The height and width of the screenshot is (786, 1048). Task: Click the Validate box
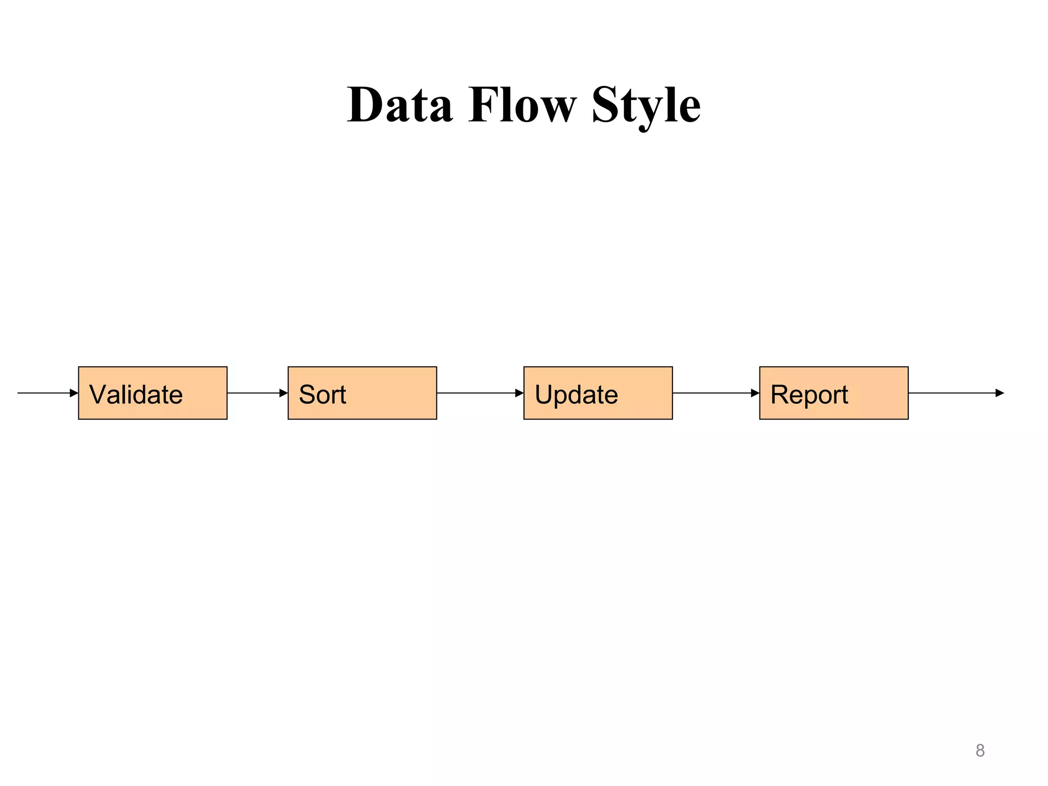[x=152, y=393]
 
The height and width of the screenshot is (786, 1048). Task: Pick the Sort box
[x=362, y=393]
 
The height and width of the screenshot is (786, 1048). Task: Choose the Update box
[x=598, y=393]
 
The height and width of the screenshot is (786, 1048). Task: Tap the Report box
[x=834, y=393]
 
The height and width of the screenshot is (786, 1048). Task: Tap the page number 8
[x=979, y=750]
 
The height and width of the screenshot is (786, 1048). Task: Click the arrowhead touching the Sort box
[x=283, y=393]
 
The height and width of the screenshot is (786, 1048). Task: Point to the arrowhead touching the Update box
[x=519, y=393]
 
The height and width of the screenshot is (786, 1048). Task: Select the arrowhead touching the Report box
[x=755, y=393]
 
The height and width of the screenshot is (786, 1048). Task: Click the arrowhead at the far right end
[x=1000, y=393]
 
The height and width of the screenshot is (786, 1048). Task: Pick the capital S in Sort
[x=307, y=395]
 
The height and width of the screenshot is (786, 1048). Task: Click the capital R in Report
[x=779, y=395]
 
